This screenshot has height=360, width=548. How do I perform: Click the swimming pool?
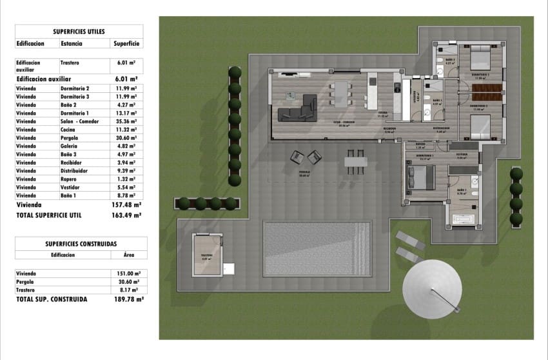click(317, 248)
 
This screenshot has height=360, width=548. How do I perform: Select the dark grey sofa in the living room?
click(298, 110)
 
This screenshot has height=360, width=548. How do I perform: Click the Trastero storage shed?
click(208, 255)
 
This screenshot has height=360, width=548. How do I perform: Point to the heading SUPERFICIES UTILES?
click(79, 30)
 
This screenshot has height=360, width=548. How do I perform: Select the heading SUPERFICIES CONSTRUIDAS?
click(81, 243)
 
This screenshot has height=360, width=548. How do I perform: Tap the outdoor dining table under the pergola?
click(355, 161)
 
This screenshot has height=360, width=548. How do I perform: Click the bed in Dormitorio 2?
click(480, 59)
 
